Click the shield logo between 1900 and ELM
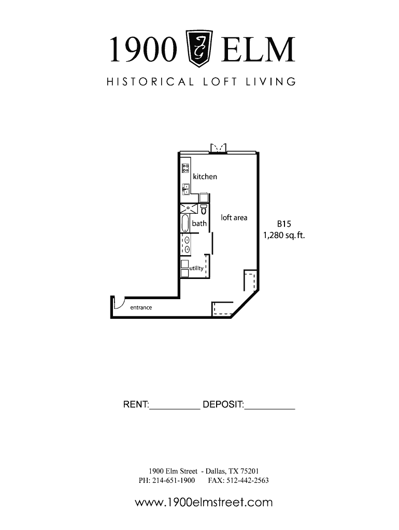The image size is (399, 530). tap(199, 48)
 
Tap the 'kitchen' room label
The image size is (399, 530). tap(205, 176)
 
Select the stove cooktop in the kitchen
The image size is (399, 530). tap(185, 168)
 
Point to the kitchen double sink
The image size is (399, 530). tap(186, 189)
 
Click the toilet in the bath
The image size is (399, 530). tap(204, 210)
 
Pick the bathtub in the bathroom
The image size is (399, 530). tap(185, 223)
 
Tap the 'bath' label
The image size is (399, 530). tap(199, 223)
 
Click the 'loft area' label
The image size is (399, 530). tap(234, 218)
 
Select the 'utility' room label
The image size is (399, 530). tap(196, 268)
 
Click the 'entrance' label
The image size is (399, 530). tap(141, 307)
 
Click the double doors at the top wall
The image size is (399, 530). tap(218, 148)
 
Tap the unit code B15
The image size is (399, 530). tap(284, 224)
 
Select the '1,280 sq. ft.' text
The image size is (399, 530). tap(284, 235)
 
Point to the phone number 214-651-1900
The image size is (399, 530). tap(173, 480)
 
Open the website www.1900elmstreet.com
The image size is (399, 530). tap(204, 502)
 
